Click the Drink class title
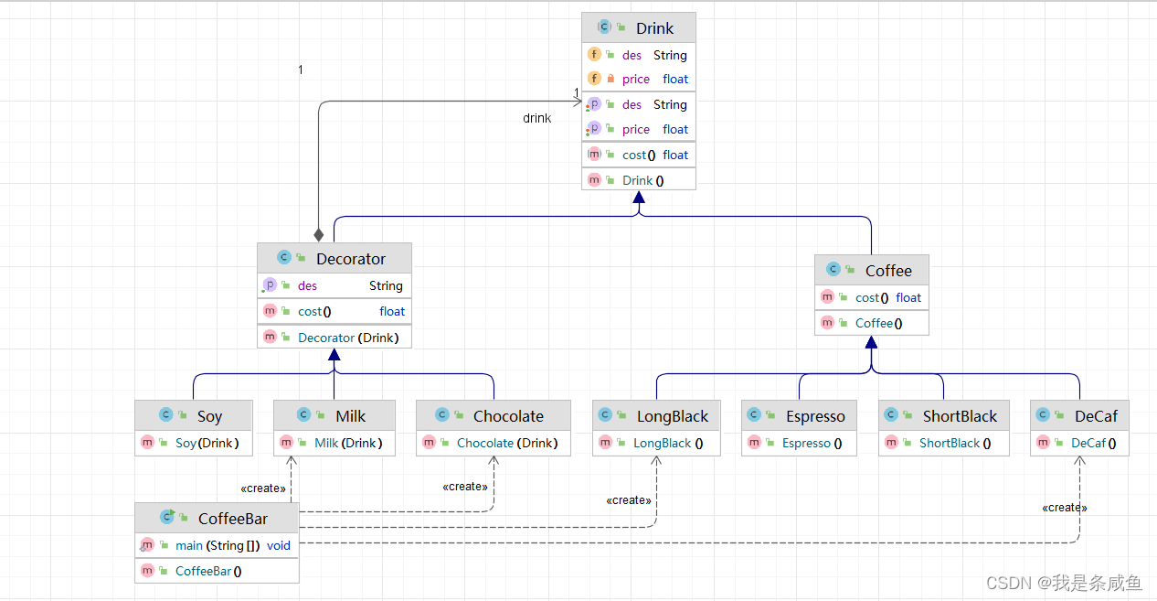654,28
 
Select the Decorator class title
351,259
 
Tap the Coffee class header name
888,271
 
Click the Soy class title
209,416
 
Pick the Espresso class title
815,416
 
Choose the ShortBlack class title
960,416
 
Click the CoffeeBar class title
232,519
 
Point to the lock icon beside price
610,79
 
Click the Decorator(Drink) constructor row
348,338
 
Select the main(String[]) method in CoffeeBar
218,546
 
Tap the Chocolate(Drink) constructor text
507,444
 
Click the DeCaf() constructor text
1093,444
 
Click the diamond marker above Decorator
319,235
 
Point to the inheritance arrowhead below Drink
639,197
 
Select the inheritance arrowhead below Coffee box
871,342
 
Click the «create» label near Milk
263,488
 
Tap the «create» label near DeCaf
1065,508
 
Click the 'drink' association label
536,118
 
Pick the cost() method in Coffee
872,298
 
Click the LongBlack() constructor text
668,444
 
